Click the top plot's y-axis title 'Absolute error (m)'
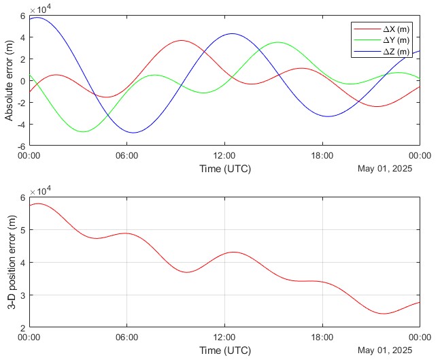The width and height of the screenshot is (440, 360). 9,80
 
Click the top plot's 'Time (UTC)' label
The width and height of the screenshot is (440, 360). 224,168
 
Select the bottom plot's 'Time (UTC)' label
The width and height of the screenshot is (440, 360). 224,350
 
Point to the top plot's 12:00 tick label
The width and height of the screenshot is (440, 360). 224,156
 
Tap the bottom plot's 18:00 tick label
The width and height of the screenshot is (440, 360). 322,337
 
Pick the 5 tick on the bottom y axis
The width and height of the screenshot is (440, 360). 23,230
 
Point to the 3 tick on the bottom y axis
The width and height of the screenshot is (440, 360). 23,295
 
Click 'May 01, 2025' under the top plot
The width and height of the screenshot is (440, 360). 385,169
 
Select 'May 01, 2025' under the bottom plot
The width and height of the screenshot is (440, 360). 385,350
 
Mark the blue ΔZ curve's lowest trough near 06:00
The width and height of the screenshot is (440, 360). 133,133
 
